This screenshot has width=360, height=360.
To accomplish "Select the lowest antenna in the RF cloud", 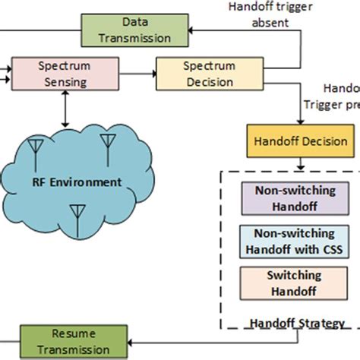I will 77,212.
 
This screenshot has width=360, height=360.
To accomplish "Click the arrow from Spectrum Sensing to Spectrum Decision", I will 137,74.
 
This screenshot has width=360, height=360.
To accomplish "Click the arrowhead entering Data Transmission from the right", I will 192,30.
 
